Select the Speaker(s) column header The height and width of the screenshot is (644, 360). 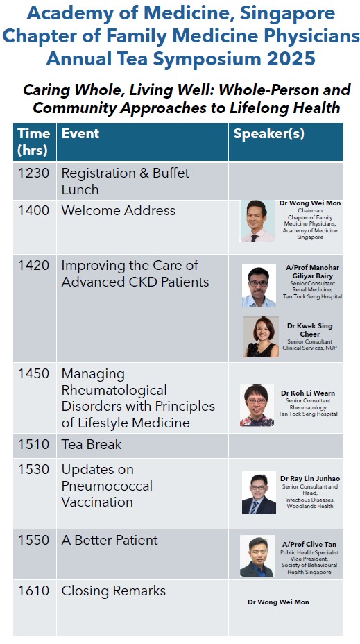(x=269, y=133)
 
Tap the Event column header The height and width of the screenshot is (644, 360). (x=80, y=133)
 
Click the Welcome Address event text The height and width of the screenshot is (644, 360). (x=118, y=210)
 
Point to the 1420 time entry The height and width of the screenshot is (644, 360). (x=33, y=265)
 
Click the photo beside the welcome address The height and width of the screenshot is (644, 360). (x=257, y=221)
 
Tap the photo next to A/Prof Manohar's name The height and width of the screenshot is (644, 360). (x=259, y=286)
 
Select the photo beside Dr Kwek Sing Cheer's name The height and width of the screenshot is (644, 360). (x=261, y=337)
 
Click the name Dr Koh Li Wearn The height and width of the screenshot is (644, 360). (x=308, y=393)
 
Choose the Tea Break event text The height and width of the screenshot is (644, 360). (x=92, y=444)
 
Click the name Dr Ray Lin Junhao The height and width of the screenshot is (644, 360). (x=310, y=478)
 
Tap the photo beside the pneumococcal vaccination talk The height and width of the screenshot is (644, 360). (x=259, y=493)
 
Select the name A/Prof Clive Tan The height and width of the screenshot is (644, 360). (x=309, y=545)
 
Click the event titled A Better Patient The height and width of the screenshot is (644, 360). (x=110, y=540)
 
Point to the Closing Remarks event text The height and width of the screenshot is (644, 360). (x=114, y=591)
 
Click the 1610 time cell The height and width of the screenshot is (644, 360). (x=33, y=591)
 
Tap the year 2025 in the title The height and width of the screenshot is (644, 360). (x=291, y=58)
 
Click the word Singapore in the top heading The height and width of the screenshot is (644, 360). (x=287, y=15)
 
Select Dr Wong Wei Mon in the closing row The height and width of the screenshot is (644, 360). (x=278, y=602)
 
